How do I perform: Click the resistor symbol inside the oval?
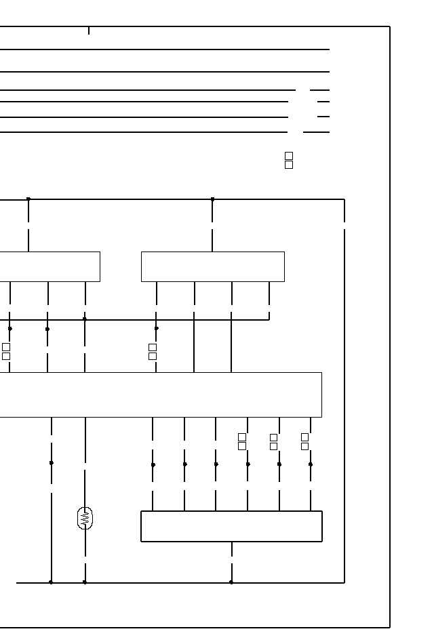(x=85, y=519)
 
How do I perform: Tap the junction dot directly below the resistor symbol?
(x=85, y=582)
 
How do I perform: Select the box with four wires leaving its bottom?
(x=212, y=266)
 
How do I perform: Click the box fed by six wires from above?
(x=231, y=526)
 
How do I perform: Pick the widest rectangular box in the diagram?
(x=160, y=395)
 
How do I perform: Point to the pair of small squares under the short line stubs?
(x=289, y=160)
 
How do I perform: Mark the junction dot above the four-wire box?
(x=212, y=199)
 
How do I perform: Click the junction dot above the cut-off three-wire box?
(x=28, y=199)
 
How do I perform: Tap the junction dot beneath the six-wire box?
(x=231, y=582)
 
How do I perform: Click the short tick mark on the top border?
(x=89, y=31)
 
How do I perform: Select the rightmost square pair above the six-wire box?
(x=305, y=441)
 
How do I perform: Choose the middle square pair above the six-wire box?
(x=274, y=441)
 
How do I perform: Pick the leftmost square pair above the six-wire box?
(x=242, y=441)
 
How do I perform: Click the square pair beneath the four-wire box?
(x=153, y=351)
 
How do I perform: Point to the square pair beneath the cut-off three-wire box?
(x=6, y=351)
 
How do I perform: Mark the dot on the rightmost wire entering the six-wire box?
(x=311, y=464)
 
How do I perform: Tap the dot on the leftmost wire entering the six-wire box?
(x=153, y=464)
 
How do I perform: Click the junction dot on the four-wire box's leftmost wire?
(x=157, y=328)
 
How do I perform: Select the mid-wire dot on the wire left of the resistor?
(x=52, y=463)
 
